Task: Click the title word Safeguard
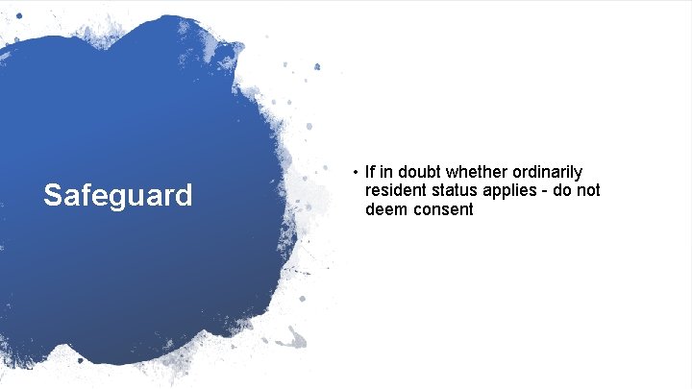[118, 196]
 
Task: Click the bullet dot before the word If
[355, 173]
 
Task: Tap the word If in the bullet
[370, 172]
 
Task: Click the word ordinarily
[546, 173]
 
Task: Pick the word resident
[396, 190]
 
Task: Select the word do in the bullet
[562, 190]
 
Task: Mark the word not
[589, 190]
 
